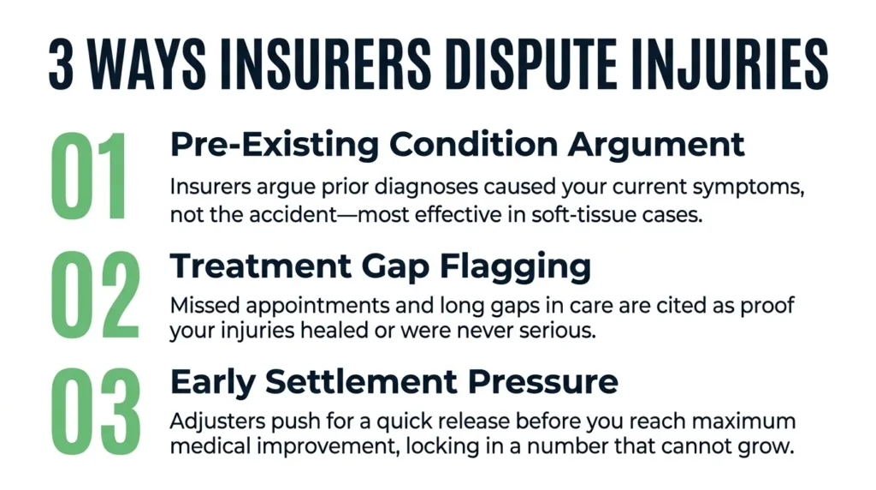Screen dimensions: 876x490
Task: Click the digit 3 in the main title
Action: click(x=61, y=63)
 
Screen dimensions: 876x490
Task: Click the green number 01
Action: click(x=89, y=176)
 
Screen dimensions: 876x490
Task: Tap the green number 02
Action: click(x=95, y=295)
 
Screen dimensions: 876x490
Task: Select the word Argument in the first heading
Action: click(x=656, y=146)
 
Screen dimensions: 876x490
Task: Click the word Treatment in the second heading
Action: click(x=261, y=266)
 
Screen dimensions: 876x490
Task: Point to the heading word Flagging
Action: click(x=515, y=267)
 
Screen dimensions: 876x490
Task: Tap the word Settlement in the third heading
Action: click(x=361, y=381)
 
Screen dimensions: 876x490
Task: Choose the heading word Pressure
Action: click(x=543, y=382)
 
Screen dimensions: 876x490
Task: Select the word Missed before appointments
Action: click(x=205, y=306)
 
